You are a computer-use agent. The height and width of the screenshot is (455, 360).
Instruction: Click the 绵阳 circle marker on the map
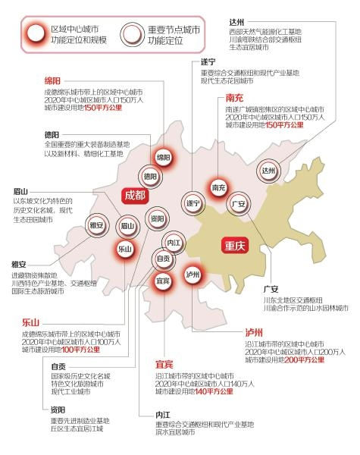pos(163,158)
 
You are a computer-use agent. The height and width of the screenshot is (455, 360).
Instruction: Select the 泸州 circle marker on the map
pos(193,275)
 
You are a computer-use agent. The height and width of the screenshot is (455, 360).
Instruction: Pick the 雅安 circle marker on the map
pos(95,224)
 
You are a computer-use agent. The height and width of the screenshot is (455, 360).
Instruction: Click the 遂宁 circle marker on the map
pos(193,203)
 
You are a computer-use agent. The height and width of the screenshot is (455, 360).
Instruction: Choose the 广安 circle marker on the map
pos(237,204)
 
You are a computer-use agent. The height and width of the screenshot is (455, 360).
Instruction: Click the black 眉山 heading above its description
pos(20,191)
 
